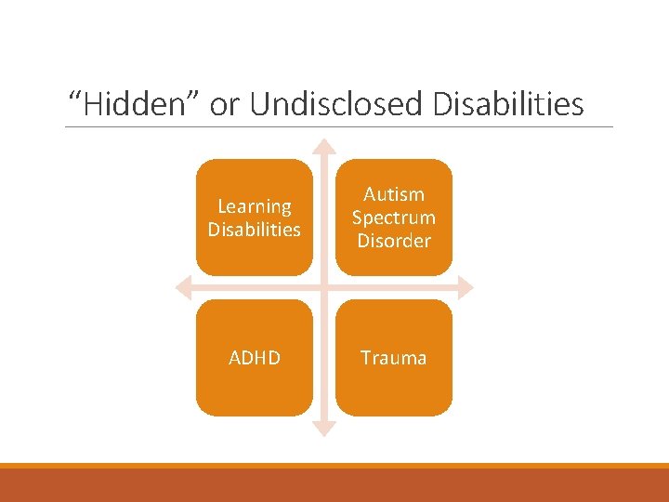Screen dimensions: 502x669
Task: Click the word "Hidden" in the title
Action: point(136,104)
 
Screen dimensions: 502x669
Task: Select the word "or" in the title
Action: point(225,104)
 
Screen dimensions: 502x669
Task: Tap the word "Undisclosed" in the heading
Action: point(335,104)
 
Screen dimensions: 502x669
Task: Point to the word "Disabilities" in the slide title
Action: point(508,104)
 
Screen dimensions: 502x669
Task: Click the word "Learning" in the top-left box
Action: point(254,206)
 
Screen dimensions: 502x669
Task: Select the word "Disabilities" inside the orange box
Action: point(254,230)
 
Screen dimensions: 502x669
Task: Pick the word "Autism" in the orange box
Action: point(393,194)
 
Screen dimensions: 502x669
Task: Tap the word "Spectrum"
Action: point(393,218)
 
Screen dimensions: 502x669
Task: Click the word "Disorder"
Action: point(393,241)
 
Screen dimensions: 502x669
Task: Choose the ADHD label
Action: point(254,358)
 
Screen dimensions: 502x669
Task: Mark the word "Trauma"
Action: point(393,358)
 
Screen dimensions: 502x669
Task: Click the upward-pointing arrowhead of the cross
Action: point(323,146)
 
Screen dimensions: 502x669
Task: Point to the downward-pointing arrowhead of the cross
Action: point(323,429)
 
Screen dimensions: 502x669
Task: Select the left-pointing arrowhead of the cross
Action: point(183,287)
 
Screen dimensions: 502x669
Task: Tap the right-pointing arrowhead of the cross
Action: point(465,287)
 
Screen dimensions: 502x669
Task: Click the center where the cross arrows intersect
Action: point(323,287)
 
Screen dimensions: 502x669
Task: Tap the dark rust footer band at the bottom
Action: point(334,485)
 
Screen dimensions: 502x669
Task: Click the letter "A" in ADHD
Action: point(234,358)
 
